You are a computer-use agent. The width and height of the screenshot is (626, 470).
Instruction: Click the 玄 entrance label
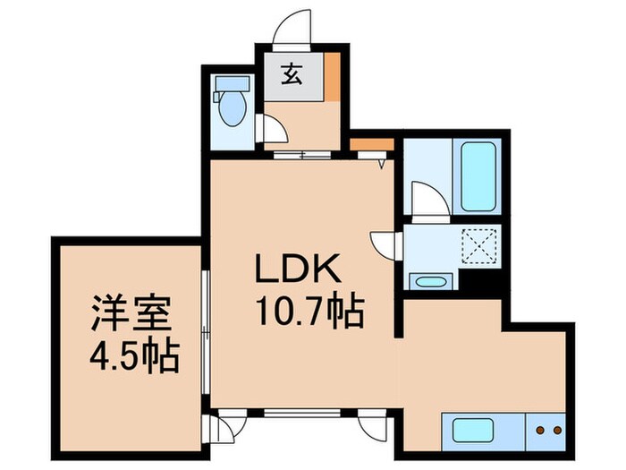pos(292,75)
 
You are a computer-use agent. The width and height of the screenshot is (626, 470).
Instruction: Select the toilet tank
pos(232,83)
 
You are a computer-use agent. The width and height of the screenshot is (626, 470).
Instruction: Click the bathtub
pos(478,176)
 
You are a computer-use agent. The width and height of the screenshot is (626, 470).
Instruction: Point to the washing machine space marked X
pos(479,246)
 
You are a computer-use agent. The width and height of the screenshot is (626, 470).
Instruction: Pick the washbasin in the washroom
pos(430,282)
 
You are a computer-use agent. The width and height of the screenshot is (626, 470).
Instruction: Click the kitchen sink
pos(472,431)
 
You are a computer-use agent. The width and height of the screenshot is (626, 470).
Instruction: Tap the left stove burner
pos(540,431)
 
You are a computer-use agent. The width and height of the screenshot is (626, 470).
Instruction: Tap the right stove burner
pos(557,431)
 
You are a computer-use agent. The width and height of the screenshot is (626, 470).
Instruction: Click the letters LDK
pos(298,269)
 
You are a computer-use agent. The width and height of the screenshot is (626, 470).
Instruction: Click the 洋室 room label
pos(131,313)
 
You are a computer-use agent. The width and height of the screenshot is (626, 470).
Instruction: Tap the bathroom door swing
pos(430,200)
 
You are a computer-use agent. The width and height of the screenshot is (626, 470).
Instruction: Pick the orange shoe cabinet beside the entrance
pos(332,76)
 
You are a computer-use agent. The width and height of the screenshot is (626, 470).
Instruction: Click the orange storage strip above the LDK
pos(372,144)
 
